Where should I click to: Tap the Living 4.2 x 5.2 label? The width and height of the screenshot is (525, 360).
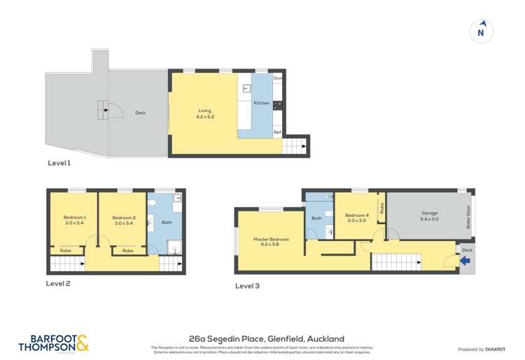204,113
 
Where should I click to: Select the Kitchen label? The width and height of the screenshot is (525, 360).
261,103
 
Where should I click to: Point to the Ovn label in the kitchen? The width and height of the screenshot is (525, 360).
277,78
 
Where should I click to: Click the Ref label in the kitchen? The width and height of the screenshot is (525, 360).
277,132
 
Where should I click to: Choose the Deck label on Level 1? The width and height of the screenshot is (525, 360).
139,112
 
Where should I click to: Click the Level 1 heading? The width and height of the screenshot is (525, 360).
59,163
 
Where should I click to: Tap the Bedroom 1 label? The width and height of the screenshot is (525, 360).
75,221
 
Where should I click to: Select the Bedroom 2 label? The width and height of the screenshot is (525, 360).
123,221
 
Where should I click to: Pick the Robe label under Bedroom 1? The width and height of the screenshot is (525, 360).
65,250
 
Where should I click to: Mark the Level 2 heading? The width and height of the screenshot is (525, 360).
59,284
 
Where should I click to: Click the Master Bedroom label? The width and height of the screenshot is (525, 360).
270,242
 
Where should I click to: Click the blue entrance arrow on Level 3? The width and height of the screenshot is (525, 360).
465,262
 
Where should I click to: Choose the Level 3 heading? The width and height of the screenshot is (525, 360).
246,286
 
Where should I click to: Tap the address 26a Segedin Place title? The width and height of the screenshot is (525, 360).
262,338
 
